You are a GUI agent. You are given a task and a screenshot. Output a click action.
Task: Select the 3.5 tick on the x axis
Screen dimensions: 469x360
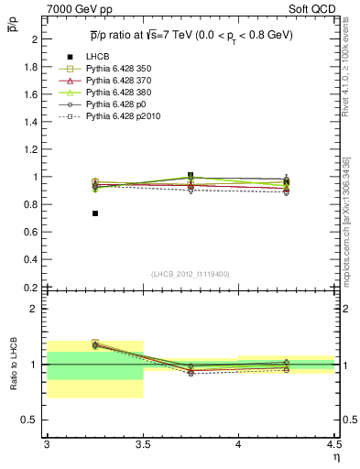pyautogui.click(x=143, y=443)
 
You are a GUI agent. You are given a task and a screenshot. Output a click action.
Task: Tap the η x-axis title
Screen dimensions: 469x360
pyautogui.click(x=334, y=455)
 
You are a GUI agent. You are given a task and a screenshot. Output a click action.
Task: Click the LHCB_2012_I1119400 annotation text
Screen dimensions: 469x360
pyautogui.click(x=191, y=275)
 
